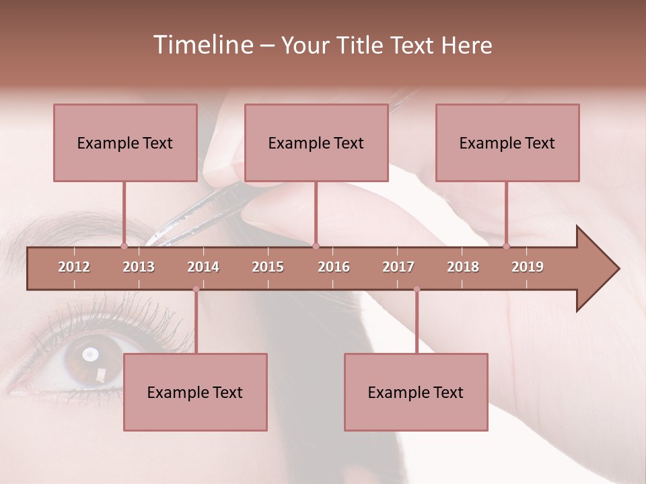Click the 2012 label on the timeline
pyautogui.click(x=74, y=267)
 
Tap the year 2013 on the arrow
pyautogui.click(x=139, y=267)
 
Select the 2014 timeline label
pyautogui.click(x=203, y=267)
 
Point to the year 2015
pyautogui.click(x=268, y=267)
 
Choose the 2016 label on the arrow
pyautogui.click(x=334, y=267)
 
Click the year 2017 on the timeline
pyautogui.click(x=398, y=267)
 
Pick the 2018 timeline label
pyautogui.click(x=463, y=267)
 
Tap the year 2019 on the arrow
pyautogui.click(x=528, y=267)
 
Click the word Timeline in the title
pyautogui.click(x=201, y=45)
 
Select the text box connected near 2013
pyautogui.click(x=125, y=143)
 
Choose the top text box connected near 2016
pyautogui.click(x=316, y=143)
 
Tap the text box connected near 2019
pyautogui.click(x=507, y=143)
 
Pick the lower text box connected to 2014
pyautogui.click(x=195, y=392)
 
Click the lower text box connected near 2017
pyautogui.click(x=416, y=392)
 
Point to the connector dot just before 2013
pyautogui.click(x=124, y=246)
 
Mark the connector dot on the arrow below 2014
pyautogui.click(x=196, y=289)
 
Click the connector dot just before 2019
pyautogui.click(x=506, y=246)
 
